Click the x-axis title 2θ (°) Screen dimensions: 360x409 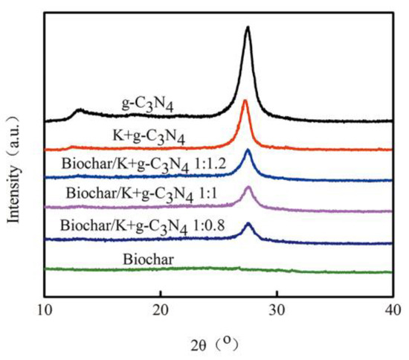coord(216,343)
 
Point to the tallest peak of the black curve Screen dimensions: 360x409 coord(248,28)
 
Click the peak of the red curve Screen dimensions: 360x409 coord(245,100)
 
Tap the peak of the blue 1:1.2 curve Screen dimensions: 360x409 coord(248,151)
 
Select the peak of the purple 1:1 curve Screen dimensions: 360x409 coord(248,188)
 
